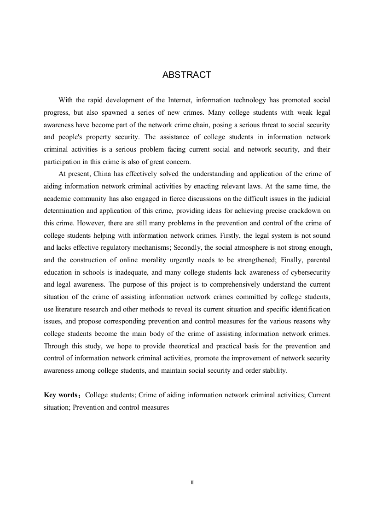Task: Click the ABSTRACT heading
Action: pyautogui.click(x=186, y=75)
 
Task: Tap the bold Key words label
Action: pyautogui.click(x=62, y=395)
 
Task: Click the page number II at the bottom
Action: pyautogui.click(x=192, y=482)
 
